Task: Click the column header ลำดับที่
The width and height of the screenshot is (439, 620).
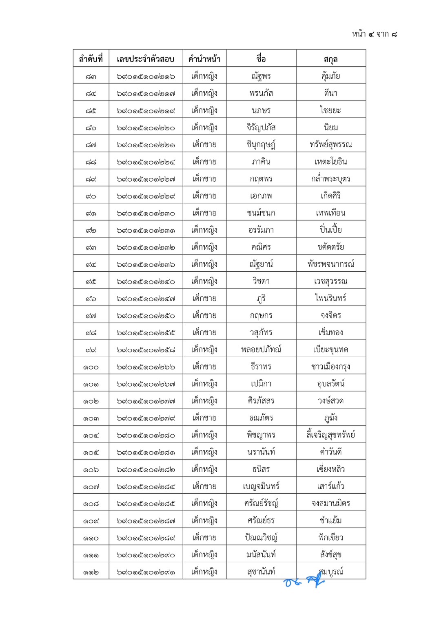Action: [x=91, y=59]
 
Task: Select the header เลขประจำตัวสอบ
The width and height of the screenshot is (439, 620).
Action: [x=145, y=59]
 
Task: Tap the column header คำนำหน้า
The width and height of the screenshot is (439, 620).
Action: [x=204, y=59]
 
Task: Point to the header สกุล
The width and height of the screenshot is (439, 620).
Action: [x=330, y=59]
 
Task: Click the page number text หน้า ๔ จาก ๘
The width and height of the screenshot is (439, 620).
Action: [x=374, y=34]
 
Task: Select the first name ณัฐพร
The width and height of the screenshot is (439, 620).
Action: [x=261, y=76]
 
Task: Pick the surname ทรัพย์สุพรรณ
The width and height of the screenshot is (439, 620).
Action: [x=330, y=145]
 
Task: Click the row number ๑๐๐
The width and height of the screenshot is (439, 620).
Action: [x=91, y=367]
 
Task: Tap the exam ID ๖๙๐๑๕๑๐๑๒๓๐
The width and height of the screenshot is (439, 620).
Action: [x=145, y=213]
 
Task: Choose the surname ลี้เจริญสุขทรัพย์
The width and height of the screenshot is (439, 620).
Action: [x=330, y=435]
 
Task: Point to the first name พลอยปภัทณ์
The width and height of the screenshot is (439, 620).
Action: [x=261, y=350]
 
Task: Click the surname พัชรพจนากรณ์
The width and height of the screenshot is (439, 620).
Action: [x=330, y=264]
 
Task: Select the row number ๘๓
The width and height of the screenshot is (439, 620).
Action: [x=91, y=76]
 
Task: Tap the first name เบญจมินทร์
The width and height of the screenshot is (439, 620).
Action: [x=261, y=486]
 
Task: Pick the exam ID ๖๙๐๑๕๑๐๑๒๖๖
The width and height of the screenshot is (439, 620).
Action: [x=145, y=367]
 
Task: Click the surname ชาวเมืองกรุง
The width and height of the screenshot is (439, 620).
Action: [x=330, y=367]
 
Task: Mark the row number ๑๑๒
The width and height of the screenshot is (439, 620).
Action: [x=91, y=572]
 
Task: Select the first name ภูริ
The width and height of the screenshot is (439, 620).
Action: [x=261, y=298]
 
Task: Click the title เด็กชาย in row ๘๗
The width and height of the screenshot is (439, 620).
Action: [x=204, y=145]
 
